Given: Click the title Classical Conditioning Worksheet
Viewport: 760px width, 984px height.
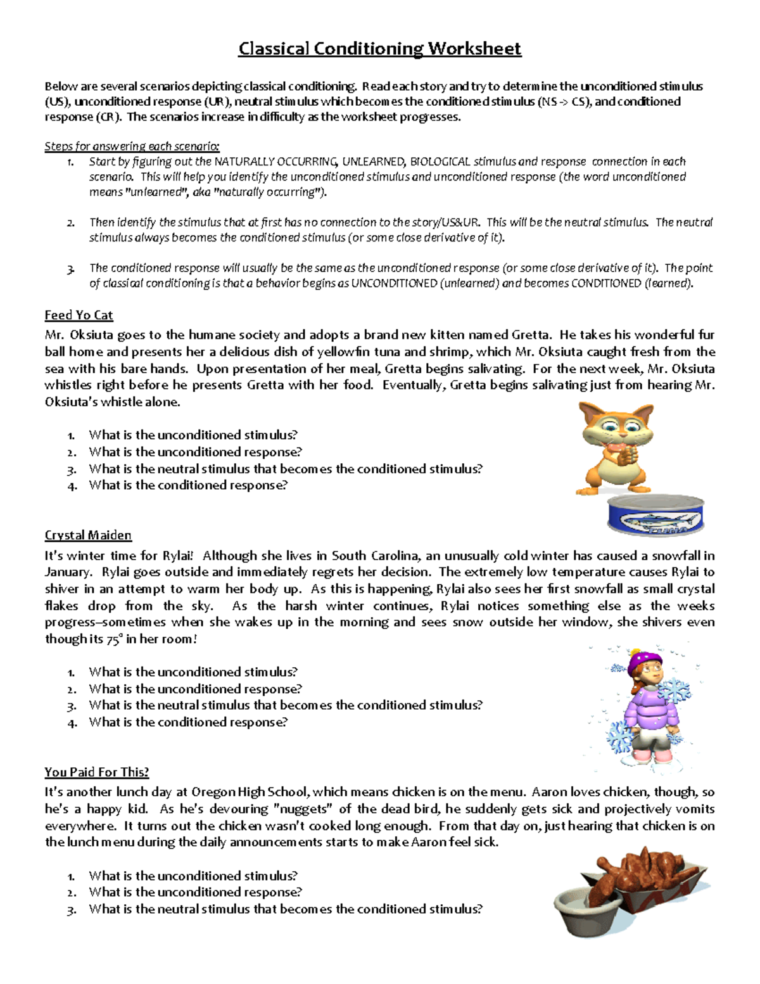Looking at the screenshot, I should pos(379,49).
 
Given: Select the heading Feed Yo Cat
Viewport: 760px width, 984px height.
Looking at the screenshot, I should pos(79,315).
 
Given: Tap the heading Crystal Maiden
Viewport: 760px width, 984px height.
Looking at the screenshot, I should pos(88,535).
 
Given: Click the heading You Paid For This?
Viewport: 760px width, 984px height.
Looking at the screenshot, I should pos(96,772).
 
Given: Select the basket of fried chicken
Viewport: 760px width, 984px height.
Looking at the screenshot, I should pos(646,878).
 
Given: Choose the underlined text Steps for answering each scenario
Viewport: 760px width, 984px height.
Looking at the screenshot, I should pos(132,146).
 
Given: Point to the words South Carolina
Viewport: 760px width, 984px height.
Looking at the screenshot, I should pos(375,556).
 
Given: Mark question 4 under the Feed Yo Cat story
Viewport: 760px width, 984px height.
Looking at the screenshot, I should pos(187,485).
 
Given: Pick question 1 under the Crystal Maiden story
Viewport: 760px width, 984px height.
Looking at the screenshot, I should pos(193,672).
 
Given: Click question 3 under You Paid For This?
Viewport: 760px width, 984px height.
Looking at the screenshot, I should pos(285,909).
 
